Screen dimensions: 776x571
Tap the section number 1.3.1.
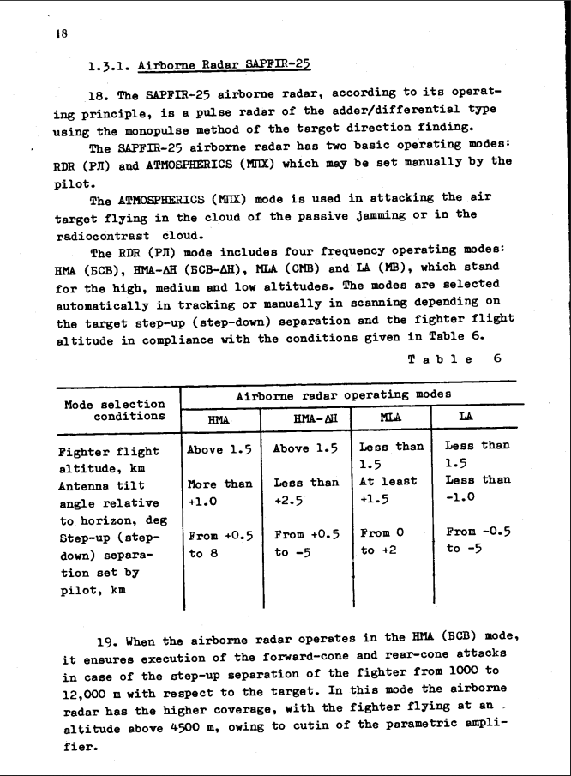pos(109,64)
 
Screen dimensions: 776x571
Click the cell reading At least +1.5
pos(391,489)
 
